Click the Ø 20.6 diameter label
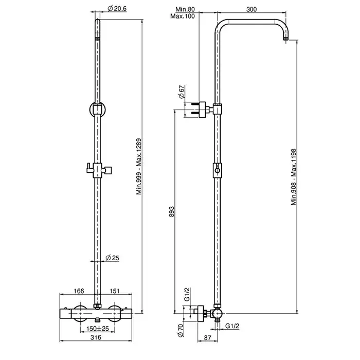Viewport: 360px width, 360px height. pos(117,9)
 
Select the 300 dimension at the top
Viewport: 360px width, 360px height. pos(251,9)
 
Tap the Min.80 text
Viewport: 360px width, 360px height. pos(185,9)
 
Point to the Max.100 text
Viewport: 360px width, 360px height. pos(183,16)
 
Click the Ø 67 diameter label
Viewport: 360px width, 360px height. pos(182,92)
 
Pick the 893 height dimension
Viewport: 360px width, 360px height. pos(171,212)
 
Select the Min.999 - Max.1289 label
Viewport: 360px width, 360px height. pos(139,167)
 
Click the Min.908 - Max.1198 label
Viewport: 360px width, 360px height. pos(294,177)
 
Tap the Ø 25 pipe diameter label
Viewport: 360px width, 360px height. pos(113,258)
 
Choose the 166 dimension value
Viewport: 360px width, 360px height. pos(79,291)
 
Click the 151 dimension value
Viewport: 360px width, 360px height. pos(115,291)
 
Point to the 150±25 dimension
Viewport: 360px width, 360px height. pos(98,329)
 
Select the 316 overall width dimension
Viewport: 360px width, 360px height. pos(96,337)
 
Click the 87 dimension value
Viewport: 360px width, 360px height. pos(207,338)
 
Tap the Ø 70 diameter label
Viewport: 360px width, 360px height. pos(181,330)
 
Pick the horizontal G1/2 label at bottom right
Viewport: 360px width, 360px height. pos(232,326)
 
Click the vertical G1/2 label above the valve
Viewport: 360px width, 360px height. pos(187,294)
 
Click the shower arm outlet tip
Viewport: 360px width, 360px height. pos(286,39)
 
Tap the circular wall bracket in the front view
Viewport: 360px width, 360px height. pos(98,110)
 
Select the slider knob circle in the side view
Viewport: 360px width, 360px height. pos(217,170)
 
